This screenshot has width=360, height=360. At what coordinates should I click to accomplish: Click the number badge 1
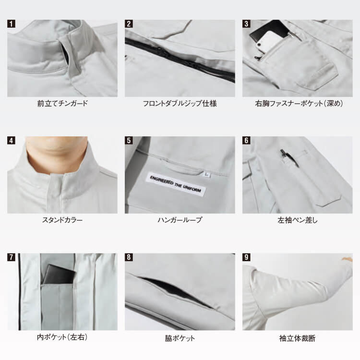(11, 24)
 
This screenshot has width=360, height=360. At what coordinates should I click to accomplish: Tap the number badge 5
(129, 141)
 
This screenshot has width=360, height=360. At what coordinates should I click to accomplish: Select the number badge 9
(246, 257)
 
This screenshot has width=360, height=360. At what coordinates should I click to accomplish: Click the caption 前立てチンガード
(62, 104)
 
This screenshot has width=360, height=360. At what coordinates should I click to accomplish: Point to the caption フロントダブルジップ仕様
(180, 104)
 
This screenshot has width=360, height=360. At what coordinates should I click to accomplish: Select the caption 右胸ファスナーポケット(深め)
(299, 104)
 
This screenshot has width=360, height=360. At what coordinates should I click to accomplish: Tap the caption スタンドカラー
(62, 220)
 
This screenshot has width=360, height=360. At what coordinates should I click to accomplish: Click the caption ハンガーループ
(180, 220)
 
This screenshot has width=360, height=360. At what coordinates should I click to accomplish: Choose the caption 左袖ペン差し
(297, 220)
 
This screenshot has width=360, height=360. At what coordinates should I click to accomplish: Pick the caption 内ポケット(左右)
(62, 337)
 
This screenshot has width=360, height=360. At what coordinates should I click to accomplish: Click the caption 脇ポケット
(180, 338)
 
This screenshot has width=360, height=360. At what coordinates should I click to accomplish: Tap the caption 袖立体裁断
(297, 338)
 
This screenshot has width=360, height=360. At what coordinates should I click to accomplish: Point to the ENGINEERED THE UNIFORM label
(176, 184)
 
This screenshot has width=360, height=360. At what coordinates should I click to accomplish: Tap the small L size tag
(207, 175)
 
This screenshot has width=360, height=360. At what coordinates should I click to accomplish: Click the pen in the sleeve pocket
(288, 157)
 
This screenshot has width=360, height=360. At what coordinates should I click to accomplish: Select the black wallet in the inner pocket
(59, 274)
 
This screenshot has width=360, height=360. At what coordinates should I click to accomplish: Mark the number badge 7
(11, 257)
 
